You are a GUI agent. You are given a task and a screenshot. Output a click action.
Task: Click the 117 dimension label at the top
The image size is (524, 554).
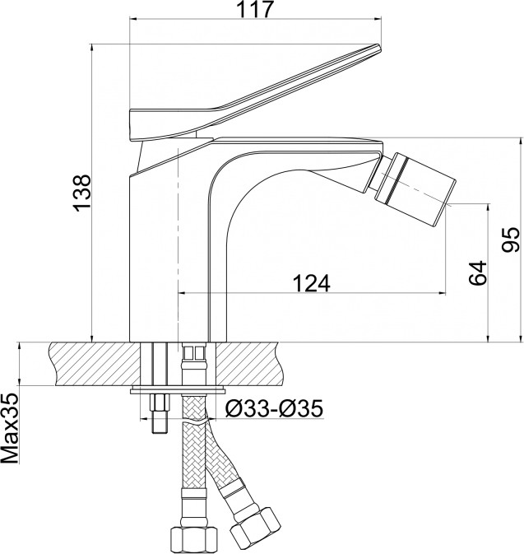(x=255, y=10)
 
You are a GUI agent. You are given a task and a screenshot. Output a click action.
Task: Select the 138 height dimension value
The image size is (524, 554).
(x=82, y=193)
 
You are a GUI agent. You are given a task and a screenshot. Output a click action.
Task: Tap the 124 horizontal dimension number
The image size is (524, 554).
(x=312, y=283)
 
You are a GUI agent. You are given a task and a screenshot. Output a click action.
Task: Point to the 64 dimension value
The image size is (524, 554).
(x=478, y=272)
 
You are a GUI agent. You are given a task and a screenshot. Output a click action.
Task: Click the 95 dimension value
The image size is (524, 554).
(x=511, y=240)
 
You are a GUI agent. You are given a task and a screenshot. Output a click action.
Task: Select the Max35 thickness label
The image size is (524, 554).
(x=10, y=428)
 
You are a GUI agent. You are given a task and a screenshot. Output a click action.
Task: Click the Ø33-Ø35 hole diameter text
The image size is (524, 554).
(x=274, y=409)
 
